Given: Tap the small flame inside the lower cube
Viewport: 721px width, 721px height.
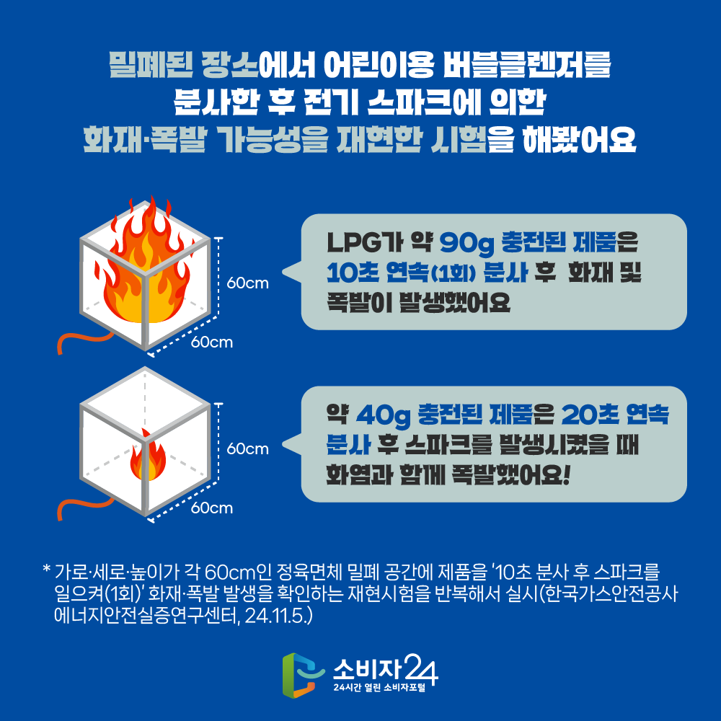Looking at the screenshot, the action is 148,456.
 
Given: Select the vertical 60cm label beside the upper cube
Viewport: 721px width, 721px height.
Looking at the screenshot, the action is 247,283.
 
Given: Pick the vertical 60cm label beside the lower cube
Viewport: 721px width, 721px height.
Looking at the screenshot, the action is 247,448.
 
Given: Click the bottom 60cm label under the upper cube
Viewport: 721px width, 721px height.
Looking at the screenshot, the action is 211,342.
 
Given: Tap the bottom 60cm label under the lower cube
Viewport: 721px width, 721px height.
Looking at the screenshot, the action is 211,508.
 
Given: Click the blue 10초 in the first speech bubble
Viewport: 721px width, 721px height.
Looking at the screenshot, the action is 353,273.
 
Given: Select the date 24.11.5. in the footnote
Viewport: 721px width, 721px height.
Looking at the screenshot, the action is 278,616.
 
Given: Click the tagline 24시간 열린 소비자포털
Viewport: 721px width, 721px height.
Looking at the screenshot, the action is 379,688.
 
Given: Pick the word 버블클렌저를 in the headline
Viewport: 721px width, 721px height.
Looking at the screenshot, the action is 527,64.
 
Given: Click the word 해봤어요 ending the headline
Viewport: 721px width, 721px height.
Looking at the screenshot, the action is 580,138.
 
